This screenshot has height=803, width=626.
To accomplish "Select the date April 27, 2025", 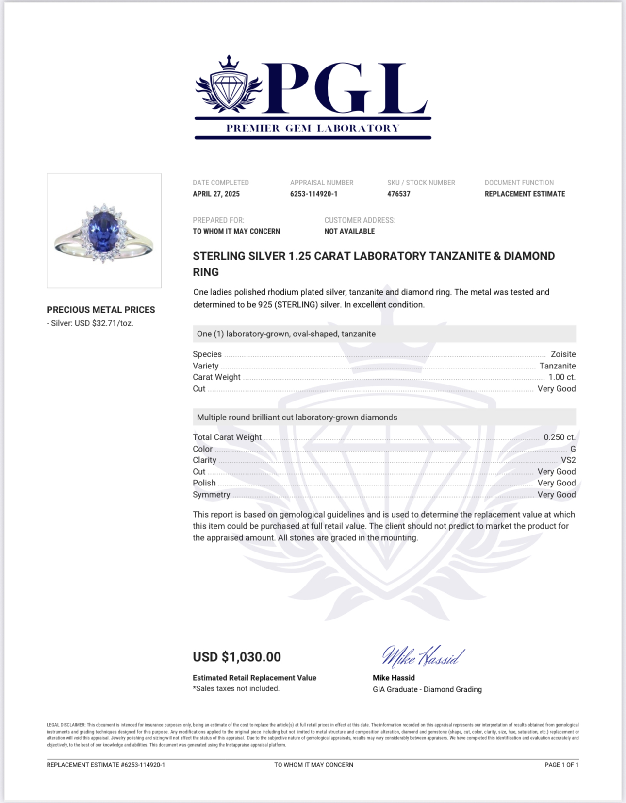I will [216, 194].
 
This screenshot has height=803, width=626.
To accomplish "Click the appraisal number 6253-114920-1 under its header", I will [313, 194].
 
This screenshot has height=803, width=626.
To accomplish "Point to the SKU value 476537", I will [398, 194].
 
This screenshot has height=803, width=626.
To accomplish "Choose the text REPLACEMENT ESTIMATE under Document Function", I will [525, 194].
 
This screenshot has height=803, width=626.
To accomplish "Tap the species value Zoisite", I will [563, 354].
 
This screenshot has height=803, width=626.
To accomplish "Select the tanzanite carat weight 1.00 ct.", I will [562, 377].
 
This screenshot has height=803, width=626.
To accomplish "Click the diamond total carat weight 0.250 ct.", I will [560, 437].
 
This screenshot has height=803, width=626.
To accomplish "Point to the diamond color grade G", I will [573, 449].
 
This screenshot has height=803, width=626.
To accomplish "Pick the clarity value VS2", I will [568, 460].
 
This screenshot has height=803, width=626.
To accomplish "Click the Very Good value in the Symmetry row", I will [556, 495].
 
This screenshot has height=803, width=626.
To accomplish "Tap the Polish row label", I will [204, 483].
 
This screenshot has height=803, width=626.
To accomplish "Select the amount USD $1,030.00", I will [237, 657].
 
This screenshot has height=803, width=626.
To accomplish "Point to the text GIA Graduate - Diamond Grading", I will [427, 689].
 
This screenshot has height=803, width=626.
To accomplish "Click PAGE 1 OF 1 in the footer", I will [561, 765].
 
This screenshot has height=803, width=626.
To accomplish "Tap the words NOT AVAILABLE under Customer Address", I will [349, 231].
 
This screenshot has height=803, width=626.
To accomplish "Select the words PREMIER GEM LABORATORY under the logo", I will [313, 128].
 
